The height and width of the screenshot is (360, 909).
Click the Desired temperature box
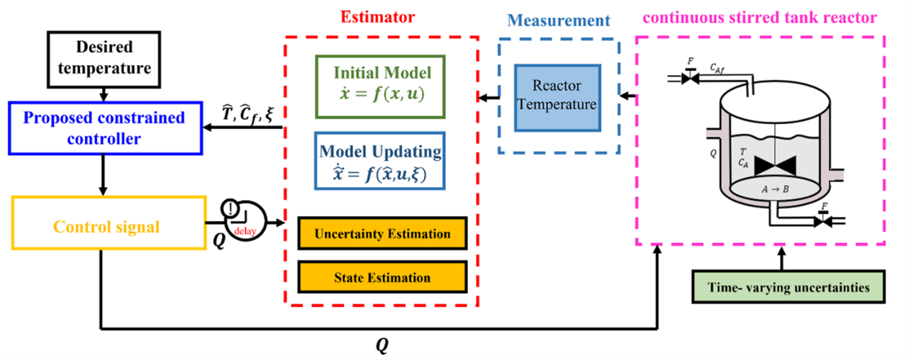[x=104, y=59]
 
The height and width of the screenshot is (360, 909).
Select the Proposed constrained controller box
[x=104, y=128]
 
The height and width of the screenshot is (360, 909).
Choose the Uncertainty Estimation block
[x=382, y=234]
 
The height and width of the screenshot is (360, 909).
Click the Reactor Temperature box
[x=558, y=97]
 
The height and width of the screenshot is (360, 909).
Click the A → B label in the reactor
[x=776, y=189]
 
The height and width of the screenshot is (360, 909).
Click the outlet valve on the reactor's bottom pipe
[x=823, y=221]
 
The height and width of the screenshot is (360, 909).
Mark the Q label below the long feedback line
[x=382, y=345]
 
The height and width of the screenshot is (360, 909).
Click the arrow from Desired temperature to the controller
[x=104, y=94]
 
